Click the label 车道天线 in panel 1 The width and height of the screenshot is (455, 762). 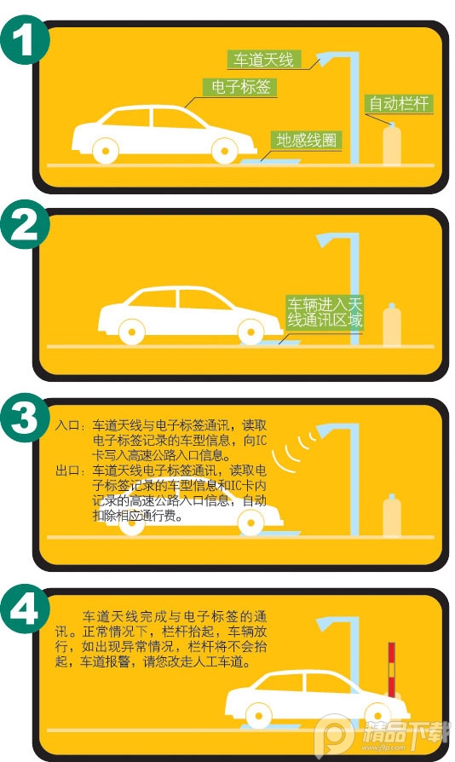(x=264, y=60)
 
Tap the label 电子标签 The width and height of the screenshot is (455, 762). (x=240, y=87)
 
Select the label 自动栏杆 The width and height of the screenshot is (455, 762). (x=399, y=103)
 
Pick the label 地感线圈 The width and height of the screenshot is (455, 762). (x=307, y=140)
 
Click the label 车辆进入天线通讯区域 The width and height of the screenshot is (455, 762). (x=325, y=314)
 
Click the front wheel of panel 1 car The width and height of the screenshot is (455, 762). (x=225, y=151)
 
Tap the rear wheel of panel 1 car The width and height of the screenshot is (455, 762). (x=106, y=151)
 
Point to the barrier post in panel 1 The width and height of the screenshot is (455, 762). (x=392, y=144)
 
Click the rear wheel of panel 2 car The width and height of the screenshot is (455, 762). (x=131, y=332)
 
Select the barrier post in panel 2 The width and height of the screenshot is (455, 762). (x=392, y=325)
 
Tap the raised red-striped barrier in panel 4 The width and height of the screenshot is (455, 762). (x=391, y=670)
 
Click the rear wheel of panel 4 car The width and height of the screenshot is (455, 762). (x=258, y=715)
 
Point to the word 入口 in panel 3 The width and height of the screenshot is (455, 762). (x=67, y=425)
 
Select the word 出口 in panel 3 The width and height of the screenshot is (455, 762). (x=67, y=470)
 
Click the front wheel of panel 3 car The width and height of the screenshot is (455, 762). (x=251, y=522)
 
